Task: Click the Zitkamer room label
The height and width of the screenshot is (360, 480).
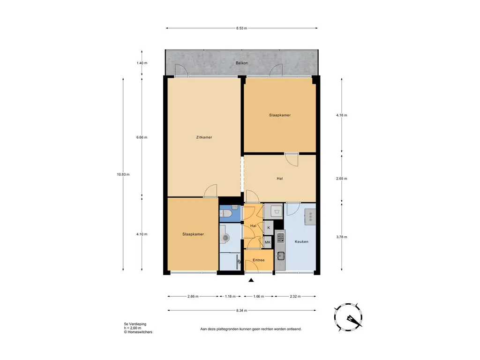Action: tap(204, 137)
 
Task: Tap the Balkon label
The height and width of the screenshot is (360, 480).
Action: tap(241, 63)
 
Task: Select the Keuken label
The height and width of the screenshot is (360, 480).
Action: tap(301, 241)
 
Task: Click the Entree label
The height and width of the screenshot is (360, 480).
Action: tap(258, 260)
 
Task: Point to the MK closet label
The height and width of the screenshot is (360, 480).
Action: tap(268, 242)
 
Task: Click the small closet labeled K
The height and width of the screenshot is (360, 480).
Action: tap(269, 228)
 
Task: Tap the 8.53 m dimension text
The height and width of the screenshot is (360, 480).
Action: tap(241, 28)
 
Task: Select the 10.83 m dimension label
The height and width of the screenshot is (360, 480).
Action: tap(123, 174)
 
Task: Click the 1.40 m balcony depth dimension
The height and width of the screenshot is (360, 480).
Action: tap(142, 63)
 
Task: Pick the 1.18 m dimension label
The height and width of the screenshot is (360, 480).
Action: tap(230, 296)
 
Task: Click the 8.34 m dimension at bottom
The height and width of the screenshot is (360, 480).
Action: tap(241, 310)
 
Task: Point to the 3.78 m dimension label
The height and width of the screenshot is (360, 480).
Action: tap(342, 237)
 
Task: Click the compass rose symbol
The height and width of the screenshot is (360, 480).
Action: tap(348, 317)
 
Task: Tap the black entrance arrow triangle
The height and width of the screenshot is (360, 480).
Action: tap(251, 280)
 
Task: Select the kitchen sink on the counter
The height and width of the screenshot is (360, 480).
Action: tap(280, 255)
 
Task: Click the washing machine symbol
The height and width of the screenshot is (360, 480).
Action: tap(277, 211)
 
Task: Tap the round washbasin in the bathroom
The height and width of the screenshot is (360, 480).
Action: tap(225, 237)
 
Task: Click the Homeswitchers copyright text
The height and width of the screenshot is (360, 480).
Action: tap(138, 332)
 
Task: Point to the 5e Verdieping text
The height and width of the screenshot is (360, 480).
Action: tap(135, 324)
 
